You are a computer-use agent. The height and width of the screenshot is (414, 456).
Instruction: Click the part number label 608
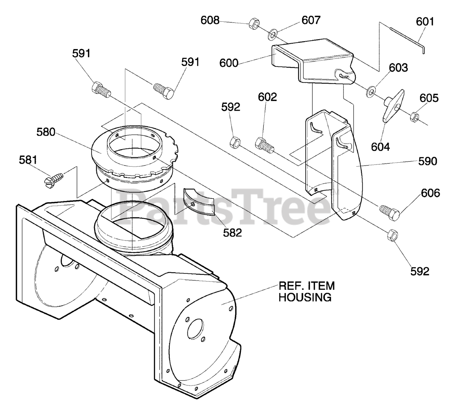(210, 20)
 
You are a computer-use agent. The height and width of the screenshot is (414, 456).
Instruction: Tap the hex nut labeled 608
(253, 24)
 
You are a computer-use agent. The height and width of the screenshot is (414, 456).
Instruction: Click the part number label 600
(229, 63)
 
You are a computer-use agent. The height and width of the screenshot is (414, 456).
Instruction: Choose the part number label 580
(46, 132)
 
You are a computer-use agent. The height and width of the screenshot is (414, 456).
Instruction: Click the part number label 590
(427, 161)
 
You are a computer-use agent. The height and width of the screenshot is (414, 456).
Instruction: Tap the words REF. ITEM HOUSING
(306, 291)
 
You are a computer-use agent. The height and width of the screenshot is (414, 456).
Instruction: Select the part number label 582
(232, 233)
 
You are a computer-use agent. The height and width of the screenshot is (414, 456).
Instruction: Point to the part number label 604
(380, 146)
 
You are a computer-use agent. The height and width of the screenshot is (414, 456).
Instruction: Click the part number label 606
(430, 193)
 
